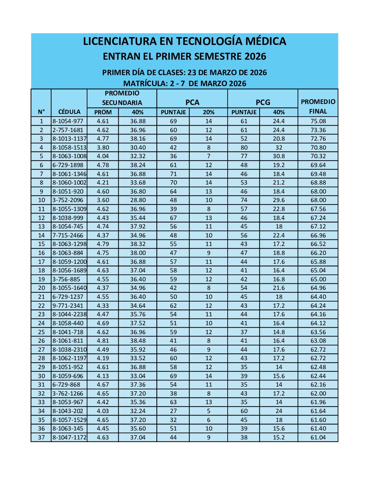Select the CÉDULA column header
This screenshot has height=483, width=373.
(69, 112)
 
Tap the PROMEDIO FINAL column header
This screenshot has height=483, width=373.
(318, 106)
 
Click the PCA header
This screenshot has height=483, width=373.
(192, 102)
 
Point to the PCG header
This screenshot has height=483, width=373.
(263, 102)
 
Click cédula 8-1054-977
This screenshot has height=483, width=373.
(68, 121)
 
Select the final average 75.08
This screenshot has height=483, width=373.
(318, 121)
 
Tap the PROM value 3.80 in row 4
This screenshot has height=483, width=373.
(103, 148)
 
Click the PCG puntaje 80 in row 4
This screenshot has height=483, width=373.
(244, 148)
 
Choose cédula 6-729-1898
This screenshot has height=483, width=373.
(68, 165)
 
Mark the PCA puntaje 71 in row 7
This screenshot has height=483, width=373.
(173, 174)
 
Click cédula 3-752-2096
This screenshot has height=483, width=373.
(68, 200)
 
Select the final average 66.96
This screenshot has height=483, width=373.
(318, 235)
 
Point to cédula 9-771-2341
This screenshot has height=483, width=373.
(68, 306)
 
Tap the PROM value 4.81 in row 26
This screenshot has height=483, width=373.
(103, 341)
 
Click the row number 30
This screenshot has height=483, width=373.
(41, 376)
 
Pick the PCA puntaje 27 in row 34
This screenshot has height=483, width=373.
(173, 411)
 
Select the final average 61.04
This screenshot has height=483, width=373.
(318, 437)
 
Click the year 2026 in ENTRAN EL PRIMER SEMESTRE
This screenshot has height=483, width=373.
(255, 57)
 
